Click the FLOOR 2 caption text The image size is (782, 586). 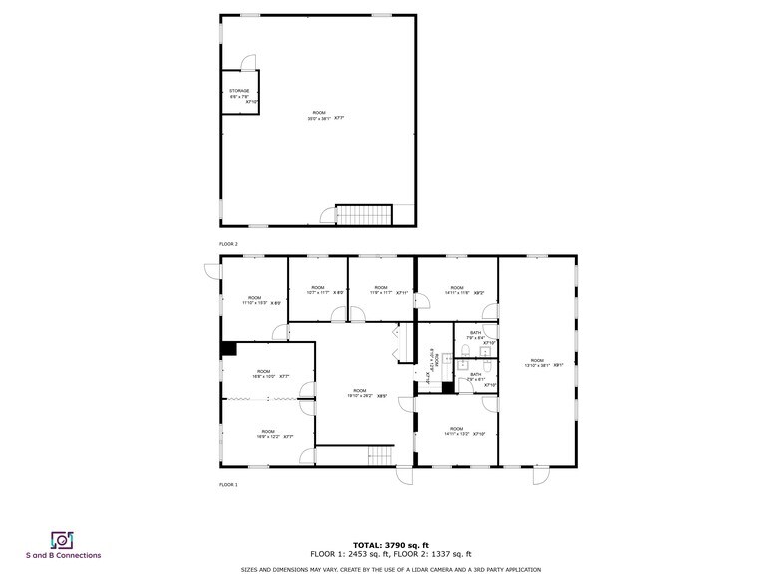[228, 243]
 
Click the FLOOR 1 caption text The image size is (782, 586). [228, 484]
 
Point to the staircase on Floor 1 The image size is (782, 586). [382, 456]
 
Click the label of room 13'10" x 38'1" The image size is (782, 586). [537, 362]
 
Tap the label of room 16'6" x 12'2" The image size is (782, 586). [268, 433]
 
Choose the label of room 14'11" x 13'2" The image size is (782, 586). [457, 431]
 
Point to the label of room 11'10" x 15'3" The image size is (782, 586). [254, 299]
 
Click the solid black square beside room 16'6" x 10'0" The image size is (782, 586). [228, 348]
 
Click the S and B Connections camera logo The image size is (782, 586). [63, 540]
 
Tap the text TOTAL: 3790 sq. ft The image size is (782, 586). [391, 545]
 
